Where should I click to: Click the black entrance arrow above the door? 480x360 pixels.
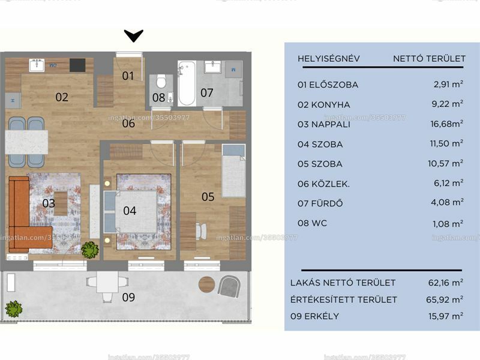[x=134, y=35]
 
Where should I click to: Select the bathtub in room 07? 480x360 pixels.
[x=187, y=83]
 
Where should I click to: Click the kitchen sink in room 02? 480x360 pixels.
[x=37, y=65]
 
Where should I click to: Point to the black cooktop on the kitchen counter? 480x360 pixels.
[x=77, y=65]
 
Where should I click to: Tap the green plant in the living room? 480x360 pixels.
[x=90, y=250]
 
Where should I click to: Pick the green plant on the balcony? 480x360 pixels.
[x=14, y=309]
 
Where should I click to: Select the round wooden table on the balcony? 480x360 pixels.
[x=207, y=284]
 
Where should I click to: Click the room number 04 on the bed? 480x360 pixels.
[x=130, y=211]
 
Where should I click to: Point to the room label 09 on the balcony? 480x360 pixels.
[x=128, y=297]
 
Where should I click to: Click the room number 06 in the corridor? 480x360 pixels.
[x=128, y=124]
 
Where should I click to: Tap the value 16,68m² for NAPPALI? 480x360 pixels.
[x=446, y=124]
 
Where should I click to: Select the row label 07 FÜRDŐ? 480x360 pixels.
[x=320, y=203]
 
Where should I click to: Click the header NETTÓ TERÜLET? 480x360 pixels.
[x=429, y=58]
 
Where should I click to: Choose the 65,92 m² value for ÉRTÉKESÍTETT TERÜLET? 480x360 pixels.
[x=445, y=299]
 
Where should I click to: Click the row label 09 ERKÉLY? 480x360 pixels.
[x=314, y=316]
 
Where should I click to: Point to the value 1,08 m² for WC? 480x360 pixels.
[x=448, y=224]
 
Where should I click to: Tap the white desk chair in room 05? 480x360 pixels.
[x=201, y=231]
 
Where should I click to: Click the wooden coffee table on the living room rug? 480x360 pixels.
[x=61, y=203]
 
